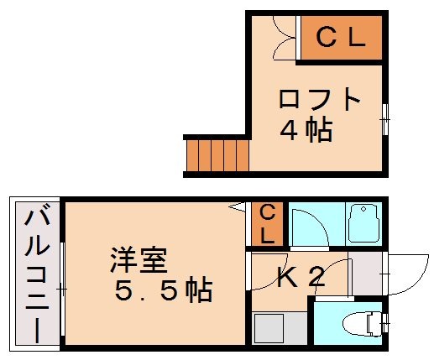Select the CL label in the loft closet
[342, 38]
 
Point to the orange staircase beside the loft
[217, 155]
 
